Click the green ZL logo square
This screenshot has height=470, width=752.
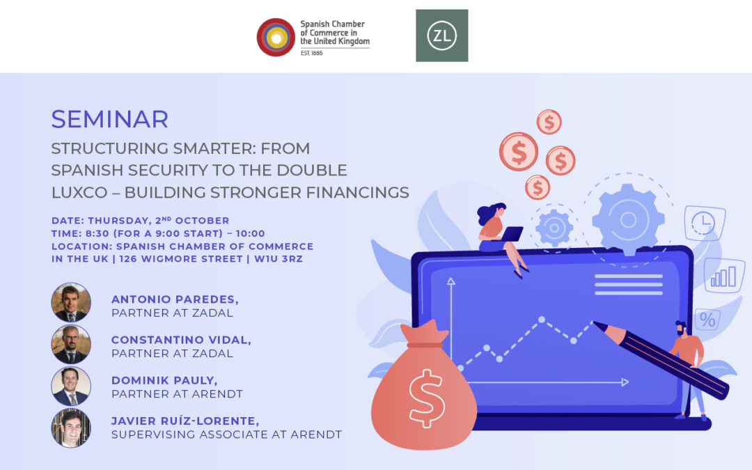point(441,36)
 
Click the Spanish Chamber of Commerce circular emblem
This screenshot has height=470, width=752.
point(276,38)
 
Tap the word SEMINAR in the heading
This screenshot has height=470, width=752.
point(110,120)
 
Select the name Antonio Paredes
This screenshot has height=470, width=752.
point(175,299)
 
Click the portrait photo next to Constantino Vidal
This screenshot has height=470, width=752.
point(71,344)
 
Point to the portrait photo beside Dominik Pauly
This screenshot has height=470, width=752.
point(71,386)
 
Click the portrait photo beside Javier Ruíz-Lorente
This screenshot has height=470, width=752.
point(71,428)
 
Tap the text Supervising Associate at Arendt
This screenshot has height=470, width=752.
point(226,434)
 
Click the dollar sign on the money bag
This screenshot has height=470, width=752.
point(425,398)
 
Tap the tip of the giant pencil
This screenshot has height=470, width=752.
point(595,323)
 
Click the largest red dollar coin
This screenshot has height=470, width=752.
point(519,152)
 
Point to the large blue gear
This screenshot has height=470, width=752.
point(628,220)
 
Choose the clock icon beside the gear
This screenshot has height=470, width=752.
point(703,223)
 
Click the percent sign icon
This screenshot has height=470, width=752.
point(707,320)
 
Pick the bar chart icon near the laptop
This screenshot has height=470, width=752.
point(724,276)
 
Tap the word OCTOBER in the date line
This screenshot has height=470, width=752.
point(202,221)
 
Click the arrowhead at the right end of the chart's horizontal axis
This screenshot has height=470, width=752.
point(625,382)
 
